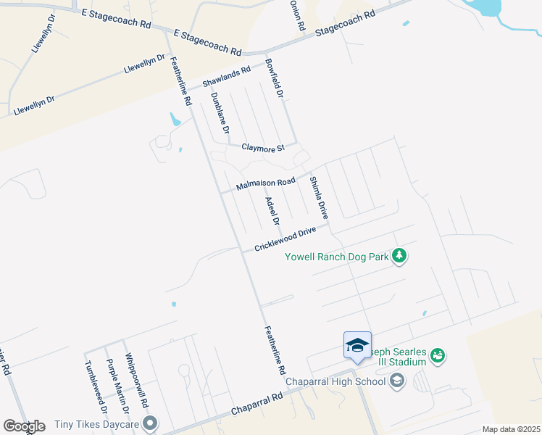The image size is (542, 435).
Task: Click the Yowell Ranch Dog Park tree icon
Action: coord(398,256)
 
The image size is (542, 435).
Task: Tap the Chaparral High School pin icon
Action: coord(396,381)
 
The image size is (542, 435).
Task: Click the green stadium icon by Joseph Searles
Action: coord(437,355)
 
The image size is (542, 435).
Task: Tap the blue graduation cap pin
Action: coord(357,346)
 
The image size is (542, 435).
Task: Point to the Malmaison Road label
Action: coord(266,181)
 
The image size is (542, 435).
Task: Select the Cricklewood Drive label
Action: coord(285,239)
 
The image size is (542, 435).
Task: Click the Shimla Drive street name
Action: coord(319,197)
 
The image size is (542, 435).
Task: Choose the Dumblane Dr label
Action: coord(220,113)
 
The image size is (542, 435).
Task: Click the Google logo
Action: coord(24,426)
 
